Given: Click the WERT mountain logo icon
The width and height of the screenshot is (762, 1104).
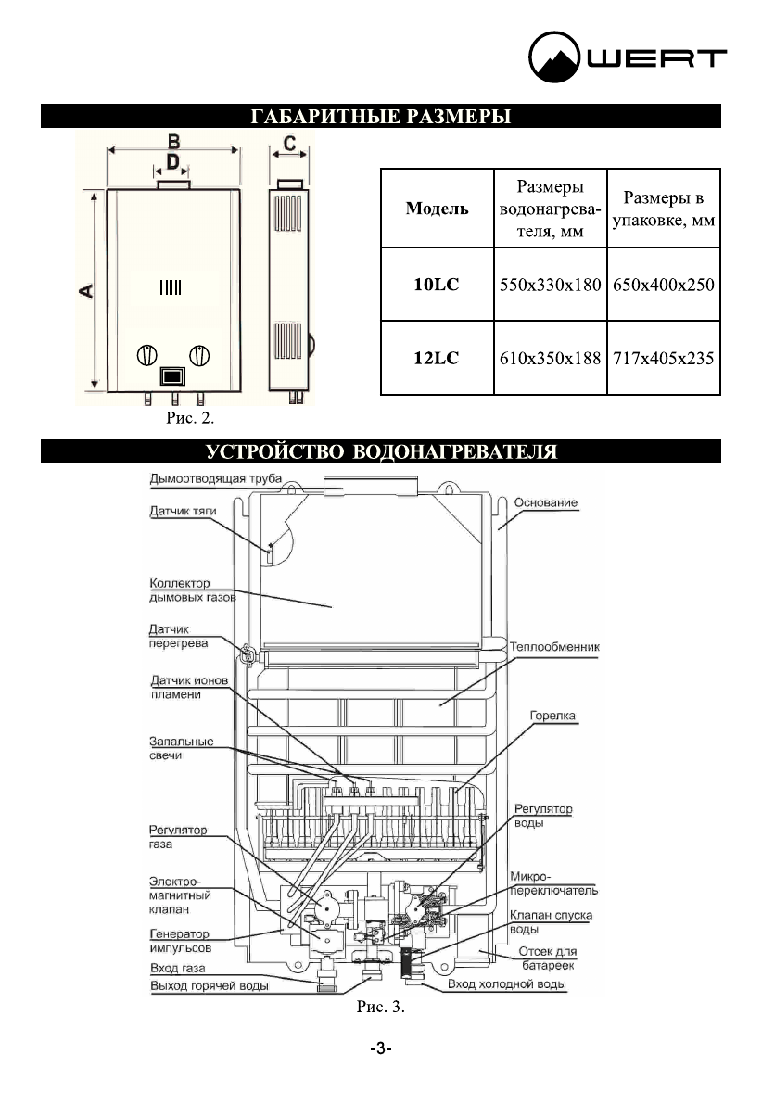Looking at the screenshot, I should pyautogui.click(x=556, y=58).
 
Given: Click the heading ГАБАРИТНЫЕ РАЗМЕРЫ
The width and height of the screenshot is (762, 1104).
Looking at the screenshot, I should pyautogui.click(x=381, y=117).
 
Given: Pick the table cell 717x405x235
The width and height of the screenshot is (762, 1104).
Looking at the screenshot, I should pyautogui.click(x=664, y=358).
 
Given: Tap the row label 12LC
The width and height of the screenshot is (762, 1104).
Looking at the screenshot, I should pyautogui.click(x=437, y=358).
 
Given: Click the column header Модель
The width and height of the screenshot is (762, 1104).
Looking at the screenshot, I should pyautogui.click(x=437, y=209).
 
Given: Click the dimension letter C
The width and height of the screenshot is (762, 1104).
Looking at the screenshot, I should pyautogui.click(x=289, y=144).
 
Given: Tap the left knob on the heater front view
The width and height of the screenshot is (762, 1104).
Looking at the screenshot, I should pyautogui.click(x=147, y=354).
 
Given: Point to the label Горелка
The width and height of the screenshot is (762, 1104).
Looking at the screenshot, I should pyautogui.click(x=552, y=716).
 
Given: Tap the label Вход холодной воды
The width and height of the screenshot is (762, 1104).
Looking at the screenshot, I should pyautogui.click(x=505, y=984).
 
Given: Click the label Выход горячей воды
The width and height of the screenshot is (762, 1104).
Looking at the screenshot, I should pyautogui.click(x=210, y=985).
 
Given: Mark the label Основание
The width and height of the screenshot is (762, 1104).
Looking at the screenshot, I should pyautogui.click(x=544, y=502).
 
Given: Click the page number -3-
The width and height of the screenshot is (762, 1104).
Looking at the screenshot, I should pyautogui.click(x=380, y=1048).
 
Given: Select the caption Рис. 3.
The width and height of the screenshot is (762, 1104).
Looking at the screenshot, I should pyautogui.click(x=381, y=1006).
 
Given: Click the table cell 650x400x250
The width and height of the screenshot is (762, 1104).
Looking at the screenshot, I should pyautogui.click(x=664, y=285).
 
